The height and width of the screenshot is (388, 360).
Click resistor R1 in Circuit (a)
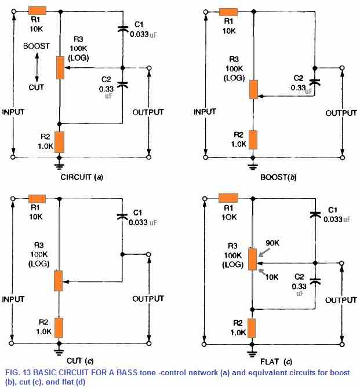coord(38,11)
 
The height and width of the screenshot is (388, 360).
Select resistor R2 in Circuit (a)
coord(59,141)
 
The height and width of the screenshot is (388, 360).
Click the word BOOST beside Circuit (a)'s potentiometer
coord(36,46)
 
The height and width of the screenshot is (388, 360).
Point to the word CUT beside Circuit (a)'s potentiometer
coord(36,87)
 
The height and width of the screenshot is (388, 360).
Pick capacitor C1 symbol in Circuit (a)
coord(122,28)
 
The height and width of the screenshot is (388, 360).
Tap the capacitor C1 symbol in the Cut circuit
coord(122,217)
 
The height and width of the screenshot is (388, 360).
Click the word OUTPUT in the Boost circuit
coord(341,113)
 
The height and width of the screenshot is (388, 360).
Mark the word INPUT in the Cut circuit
coord(14,300)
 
